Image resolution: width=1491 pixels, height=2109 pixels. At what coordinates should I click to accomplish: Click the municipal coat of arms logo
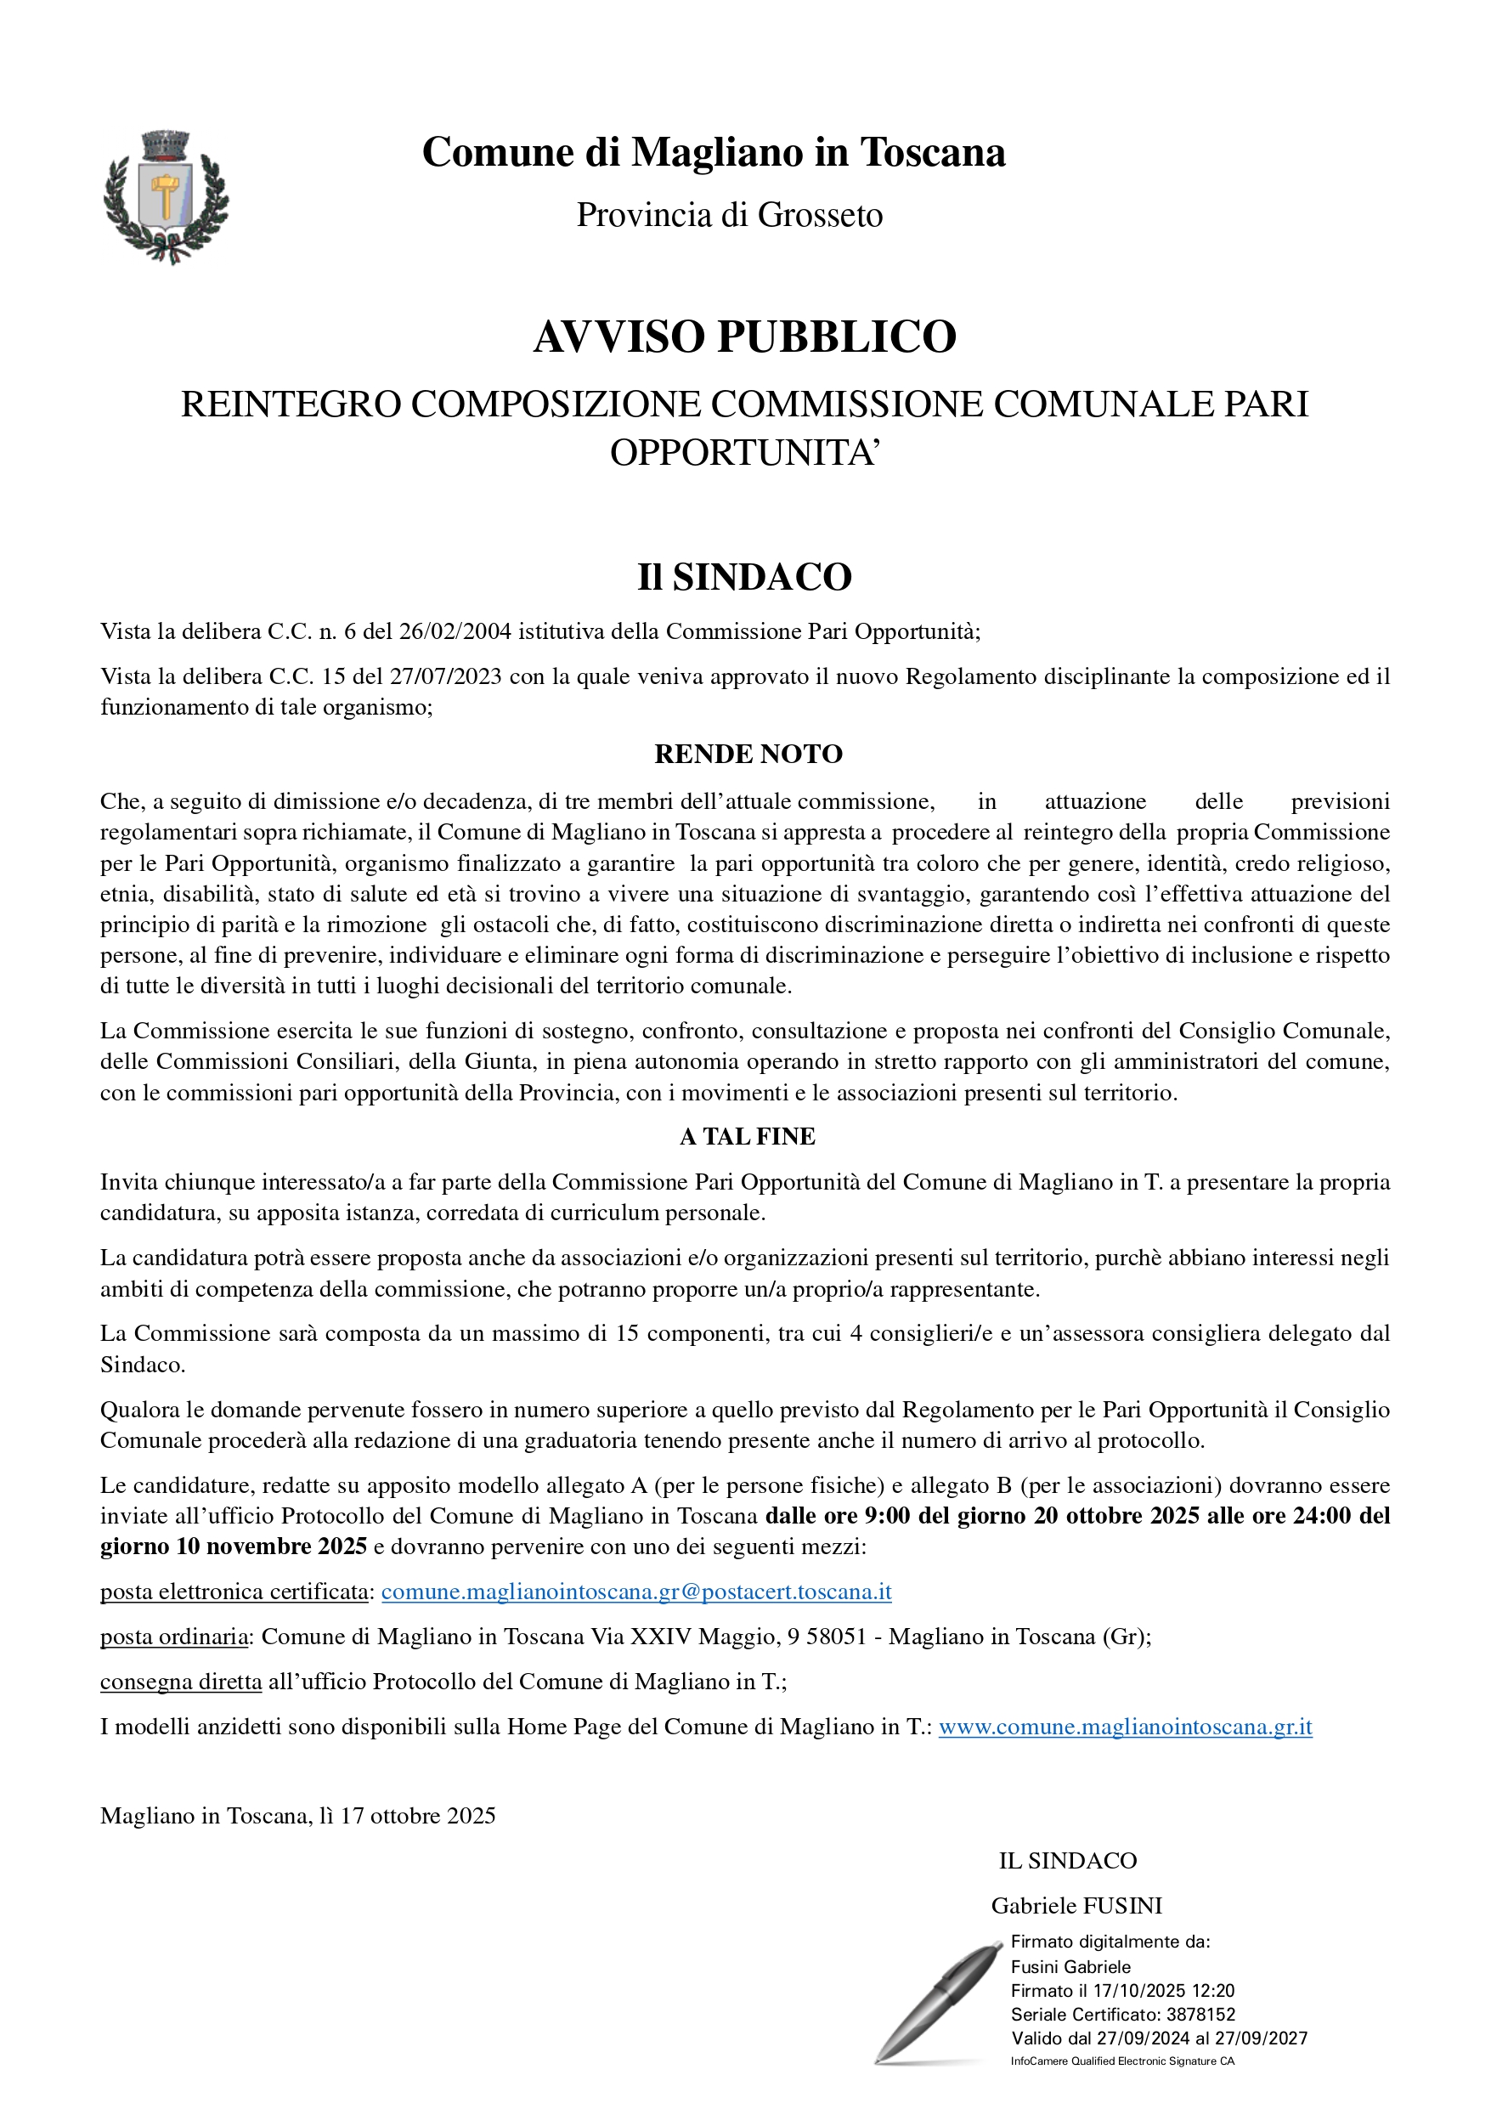pyautogui.click(x=167, y=196)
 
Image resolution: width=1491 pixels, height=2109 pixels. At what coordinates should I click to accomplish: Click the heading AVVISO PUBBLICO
pyautogui.click(x=745, y=337)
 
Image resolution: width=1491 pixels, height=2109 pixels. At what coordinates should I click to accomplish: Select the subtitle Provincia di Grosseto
pyautogui.click(x=730, y=215)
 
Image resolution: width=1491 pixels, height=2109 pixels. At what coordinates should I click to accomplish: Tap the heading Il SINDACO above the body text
pyautogui.click(x=745, y=577)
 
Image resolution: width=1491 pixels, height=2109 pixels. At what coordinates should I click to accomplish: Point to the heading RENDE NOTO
pyautogui.click(x=748, y=755)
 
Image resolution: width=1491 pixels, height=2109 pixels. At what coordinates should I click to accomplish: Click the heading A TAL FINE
pyautogui.click(x=747, y=1136)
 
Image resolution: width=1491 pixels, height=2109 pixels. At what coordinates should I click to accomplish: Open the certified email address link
pyautogui.click(x=635, y=1591)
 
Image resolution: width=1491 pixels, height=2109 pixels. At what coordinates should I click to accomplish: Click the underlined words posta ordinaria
pyautogui.click(x=173, y=1636)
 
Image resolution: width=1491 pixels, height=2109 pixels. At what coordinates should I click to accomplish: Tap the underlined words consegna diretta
pyautogui.click(x=181, y=1681)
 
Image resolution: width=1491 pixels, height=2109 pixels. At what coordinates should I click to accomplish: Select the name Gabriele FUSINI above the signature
pyautogui.click(x=1076, y=1905)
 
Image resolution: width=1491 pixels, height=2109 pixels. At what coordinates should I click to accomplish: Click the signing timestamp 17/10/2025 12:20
pyautogui.click(x=1163, y=1991)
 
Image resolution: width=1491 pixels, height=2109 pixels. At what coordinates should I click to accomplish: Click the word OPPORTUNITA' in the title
pyautogui.click(x=745, y=452)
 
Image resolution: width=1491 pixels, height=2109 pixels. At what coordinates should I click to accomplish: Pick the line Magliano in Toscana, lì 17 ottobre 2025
pyautogui.click(x=297, y=1815)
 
